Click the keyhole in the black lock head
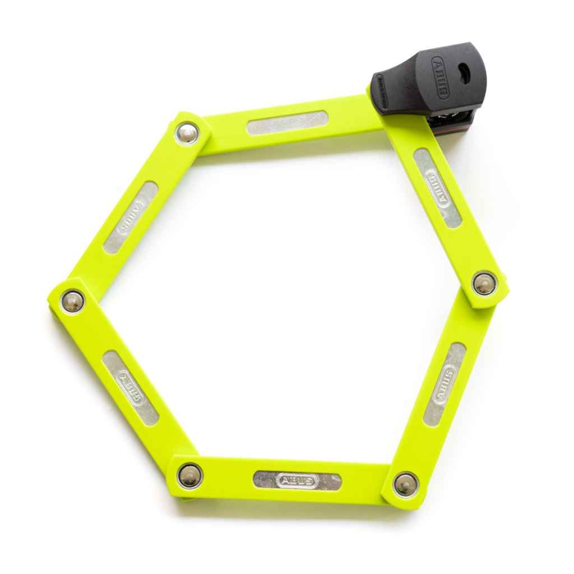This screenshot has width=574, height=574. [463, 71]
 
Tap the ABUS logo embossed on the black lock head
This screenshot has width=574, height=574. [439, 77]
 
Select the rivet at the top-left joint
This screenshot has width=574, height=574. [187, 133]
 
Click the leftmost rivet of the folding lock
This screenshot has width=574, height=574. [72, 301]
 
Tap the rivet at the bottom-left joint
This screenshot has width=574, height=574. [190, 476]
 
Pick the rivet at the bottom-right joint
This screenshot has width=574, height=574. [405, 484]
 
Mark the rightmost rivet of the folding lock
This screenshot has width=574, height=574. [484, 283]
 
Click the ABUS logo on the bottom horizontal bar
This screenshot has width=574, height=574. [298, 480]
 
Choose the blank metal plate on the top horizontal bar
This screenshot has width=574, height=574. [287, 123]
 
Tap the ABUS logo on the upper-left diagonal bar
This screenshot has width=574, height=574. [131, 218]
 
